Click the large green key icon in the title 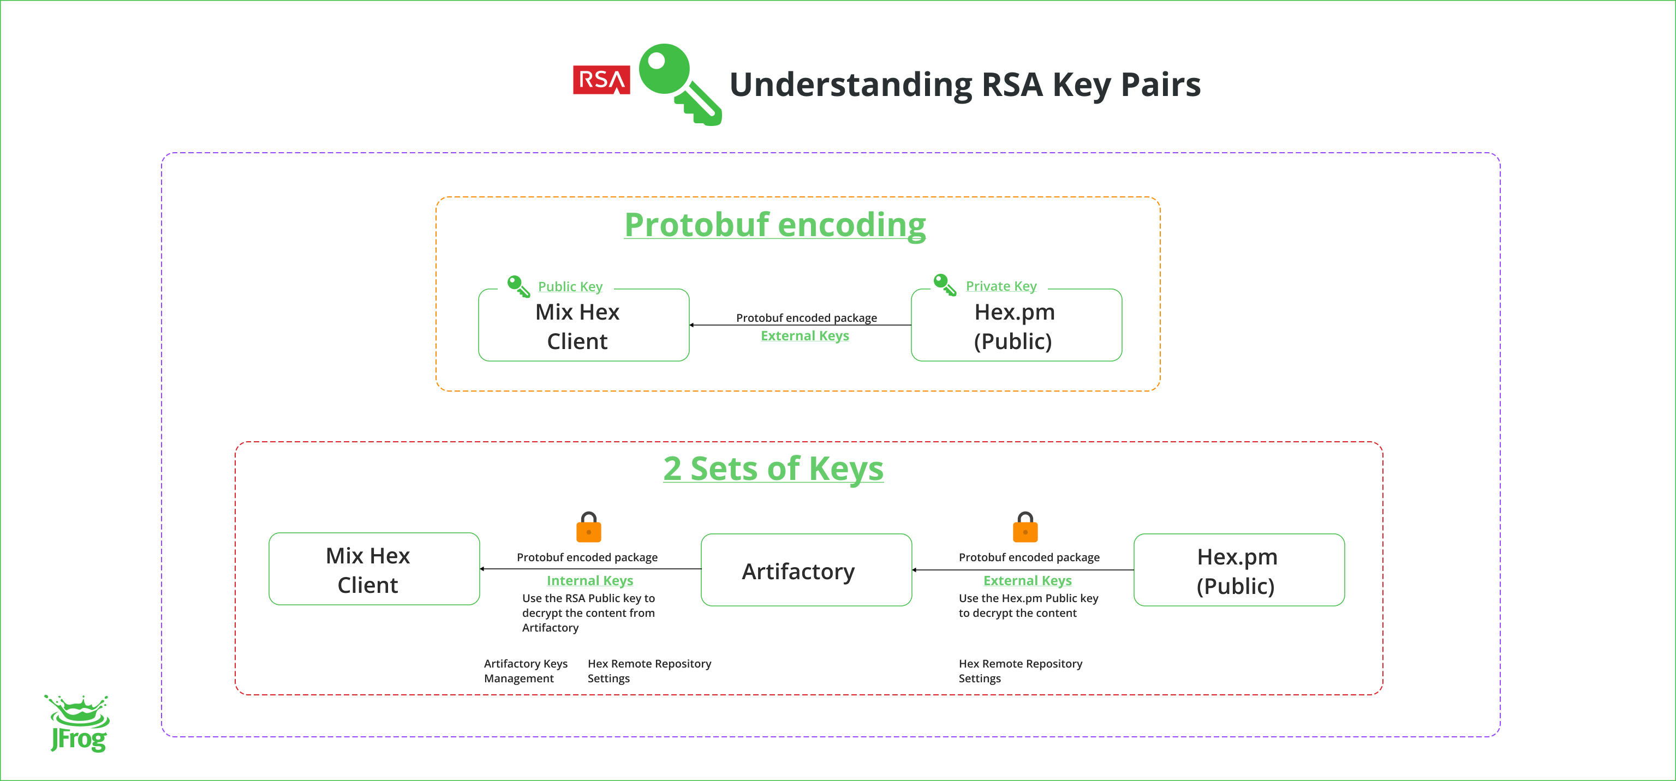677,82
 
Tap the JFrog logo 78,723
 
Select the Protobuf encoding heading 774,225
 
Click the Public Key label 570,287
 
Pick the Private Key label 1001,286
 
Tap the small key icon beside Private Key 945,285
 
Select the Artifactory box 806,570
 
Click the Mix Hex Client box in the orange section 583,325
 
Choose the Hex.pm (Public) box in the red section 1238,570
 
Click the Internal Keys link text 589,580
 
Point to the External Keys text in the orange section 805,335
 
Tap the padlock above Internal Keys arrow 589,527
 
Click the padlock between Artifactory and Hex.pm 1025,527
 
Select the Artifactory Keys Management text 525,670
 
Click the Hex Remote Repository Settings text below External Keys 1019,670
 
